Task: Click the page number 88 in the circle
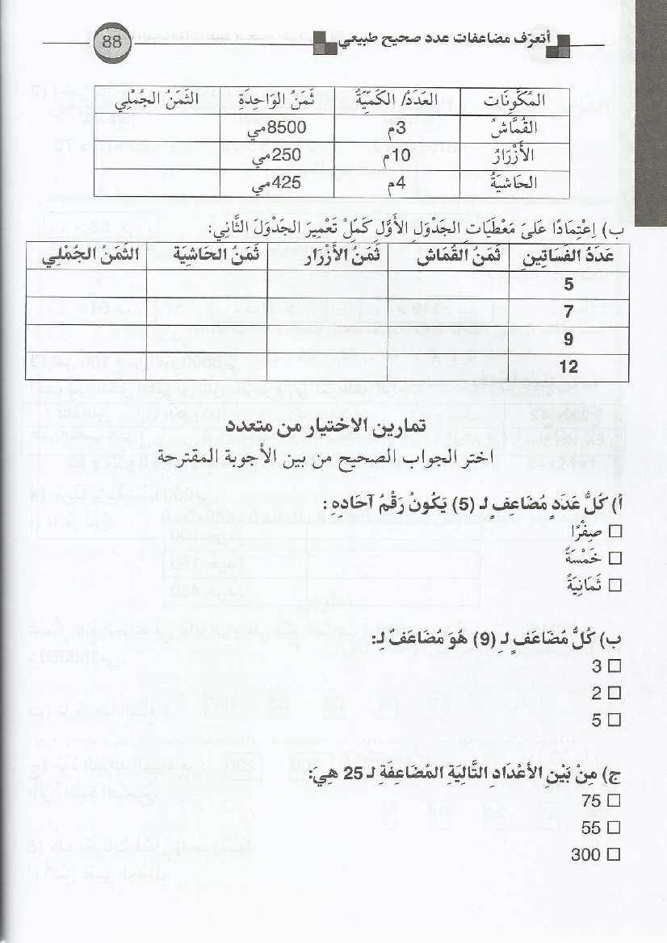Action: pos(111,43)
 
